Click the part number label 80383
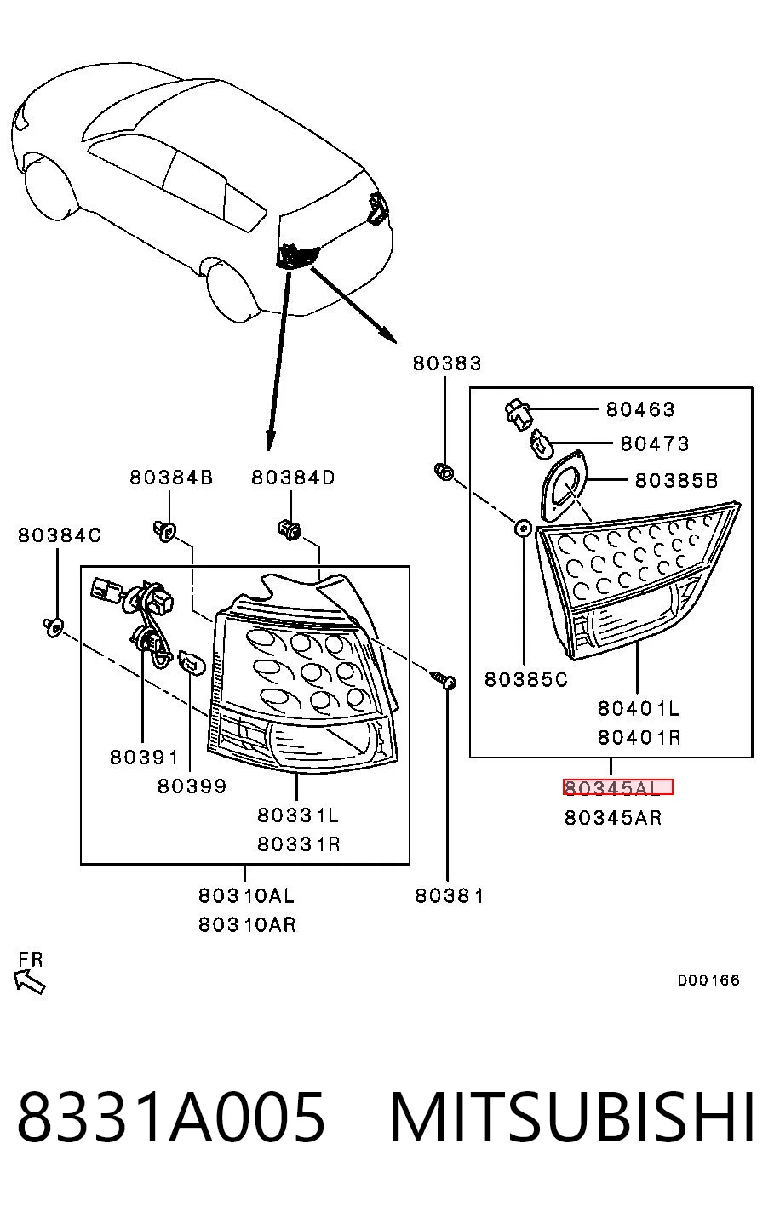(447, 363)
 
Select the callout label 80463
(640, 409)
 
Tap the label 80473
(655, 443)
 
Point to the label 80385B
(676, 480)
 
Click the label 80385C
(526, 679)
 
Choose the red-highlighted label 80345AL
(617, 787)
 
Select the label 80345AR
(613, 818)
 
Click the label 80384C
(59, 535)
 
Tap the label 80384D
(293, 477)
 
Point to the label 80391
(144, 757)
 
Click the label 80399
(192, 786)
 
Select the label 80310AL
(246, 896)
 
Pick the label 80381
(450, 896)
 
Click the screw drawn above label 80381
(444, 679)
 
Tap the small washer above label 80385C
(523, 529)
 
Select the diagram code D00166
(708, 980)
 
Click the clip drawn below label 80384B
(164, 531)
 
